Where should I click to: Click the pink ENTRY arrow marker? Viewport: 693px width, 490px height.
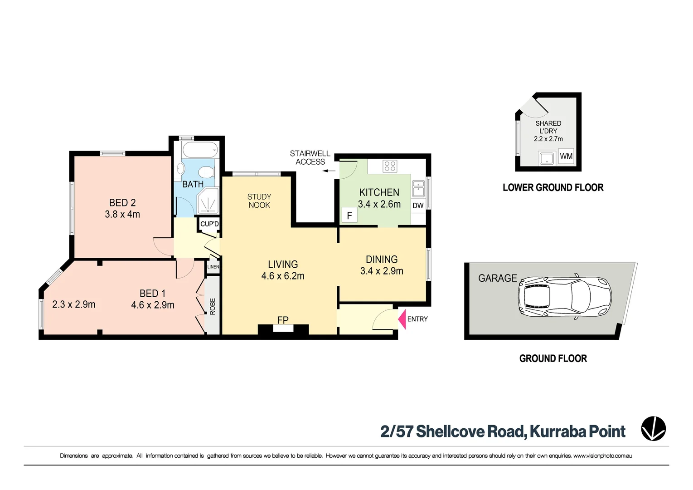coord(402,319)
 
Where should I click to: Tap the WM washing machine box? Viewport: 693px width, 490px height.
coord(566,157)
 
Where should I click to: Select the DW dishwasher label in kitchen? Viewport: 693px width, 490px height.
coord(418,206)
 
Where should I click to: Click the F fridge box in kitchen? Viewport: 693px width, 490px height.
coord(349,216)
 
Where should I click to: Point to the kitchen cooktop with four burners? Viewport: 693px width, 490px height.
coord(390,166)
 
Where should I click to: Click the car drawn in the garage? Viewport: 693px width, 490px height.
coord(565,297)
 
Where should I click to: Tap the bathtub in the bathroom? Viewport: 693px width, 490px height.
coord(200,149)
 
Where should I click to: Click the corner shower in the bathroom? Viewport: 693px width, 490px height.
coord(208,201)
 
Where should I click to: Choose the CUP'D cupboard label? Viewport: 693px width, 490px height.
coord(209,224)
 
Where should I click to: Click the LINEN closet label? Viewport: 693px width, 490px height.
coord(213,267)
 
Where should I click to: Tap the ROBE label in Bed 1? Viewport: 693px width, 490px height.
coord(213,306)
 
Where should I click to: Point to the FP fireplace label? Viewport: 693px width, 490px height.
coord(283,320)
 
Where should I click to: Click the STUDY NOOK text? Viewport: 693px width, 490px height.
coord(259,201)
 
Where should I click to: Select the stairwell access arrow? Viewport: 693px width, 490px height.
coord(329,171)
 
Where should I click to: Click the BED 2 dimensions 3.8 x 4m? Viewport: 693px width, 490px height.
coord(122,214)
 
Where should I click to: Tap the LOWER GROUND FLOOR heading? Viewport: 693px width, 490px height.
coord(553,187)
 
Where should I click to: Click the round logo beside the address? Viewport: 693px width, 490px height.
coord(653,429)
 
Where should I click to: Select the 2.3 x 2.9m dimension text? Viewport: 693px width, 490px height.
coord(73,304)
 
